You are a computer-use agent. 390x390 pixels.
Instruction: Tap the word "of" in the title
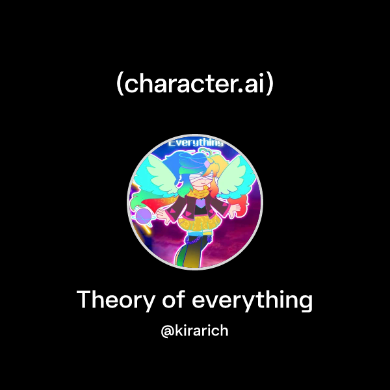pyautogui.click(x=175, y=300)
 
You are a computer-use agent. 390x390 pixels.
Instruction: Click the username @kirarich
pyautogui.click(x=195, y=331)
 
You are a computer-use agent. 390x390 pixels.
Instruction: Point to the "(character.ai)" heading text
pyautogui.click(x=195, y=84)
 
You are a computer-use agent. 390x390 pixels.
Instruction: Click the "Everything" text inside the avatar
pyautogui.click(x=196, y=142)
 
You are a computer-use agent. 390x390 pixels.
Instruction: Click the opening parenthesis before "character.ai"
pyautogui.click(x=120, y=85)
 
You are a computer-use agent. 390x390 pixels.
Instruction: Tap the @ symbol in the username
pyautogui.click(x=166, y=331)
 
